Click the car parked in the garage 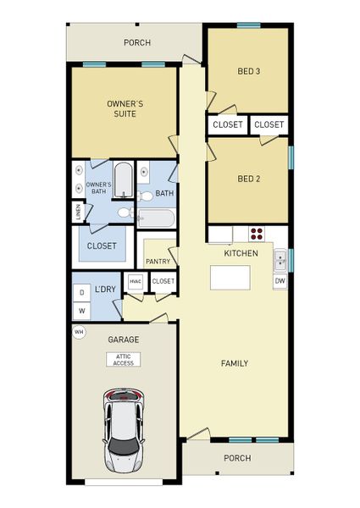(x=125, y=429)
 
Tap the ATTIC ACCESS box (x=124, y=360)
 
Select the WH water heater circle (x=79, y=332)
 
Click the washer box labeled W (x=81, y=311)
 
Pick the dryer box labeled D (x=81, y=293)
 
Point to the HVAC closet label (x=136, y=281)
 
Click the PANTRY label (x=158, y=262)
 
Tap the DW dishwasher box (x=280, y=280)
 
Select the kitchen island (x=230, y=278)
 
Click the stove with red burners (x=257, y=235)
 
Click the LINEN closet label (x=78, y=213)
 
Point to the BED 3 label (x=248, y=71)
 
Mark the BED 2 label (x=248, y=179)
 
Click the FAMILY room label (x=235, y=363)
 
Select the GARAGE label (x=123, y=340)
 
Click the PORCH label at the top (x=137, y=42)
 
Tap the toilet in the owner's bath (x=125, y=213)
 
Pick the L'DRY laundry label (x=105, y=290)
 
